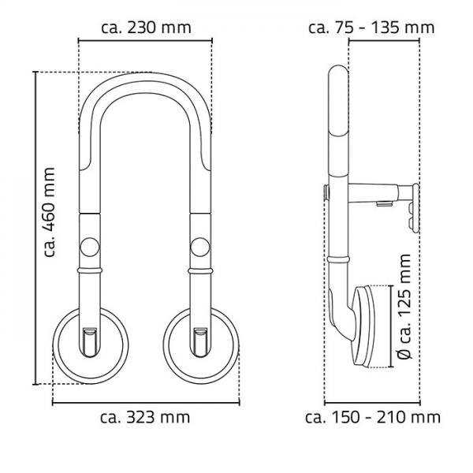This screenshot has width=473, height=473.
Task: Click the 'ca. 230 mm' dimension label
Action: pos(146,28)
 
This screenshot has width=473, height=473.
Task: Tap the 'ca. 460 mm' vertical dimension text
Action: pos(49,212)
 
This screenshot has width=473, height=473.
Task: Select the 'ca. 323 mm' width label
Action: pos(145,418)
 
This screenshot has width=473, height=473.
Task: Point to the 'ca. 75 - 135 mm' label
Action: pos(371,28)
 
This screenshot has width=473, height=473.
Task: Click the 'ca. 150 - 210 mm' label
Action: pos(373,418)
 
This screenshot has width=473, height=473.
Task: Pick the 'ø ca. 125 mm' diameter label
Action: pos(404,307)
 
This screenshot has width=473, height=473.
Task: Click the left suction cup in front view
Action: pos(91,346)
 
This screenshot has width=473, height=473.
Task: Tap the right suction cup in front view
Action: pos(201,346)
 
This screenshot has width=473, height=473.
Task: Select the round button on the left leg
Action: pos(90,247)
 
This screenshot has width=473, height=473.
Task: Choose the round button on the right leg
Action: pos(200,247)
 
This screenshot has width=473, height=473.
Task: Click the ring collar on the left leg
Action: pos(90,270)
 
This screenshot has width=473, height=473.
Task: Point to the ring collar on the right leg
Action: pos(200,270)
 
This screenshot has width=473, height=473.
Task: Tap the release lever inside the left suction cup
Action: pos(90,342)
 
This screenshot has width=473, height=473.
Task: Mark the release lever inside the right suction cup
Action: pos(200,342)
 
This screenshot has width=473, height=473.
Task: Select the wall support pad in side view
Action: pos(414,208)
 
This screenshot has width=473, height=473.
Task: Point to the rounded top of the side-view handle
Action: pos(338,74)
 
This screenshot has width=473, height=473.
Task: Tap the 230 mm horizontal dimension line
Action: pos(145,40)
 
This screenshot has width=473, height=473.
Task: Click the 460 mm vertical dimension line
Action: pos(35,228)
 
